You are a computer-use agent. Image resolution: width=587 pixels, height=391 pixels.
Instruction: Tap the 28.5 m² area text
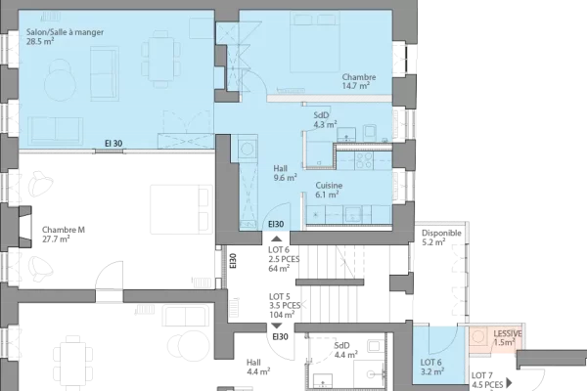click(40, 42)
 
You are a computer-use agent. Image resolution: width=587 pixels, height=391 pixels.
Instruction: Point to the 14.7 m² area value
click(355, 86)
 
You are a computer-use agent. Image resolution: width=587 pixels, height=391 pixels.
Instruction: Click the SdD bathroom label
click(320, 115)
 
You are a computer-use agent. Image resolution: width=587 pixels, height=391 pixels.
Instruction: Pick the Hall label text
click(281, 169)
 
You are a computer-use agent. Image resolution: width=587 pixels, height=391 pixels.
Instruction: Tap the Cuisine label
click(327, 185)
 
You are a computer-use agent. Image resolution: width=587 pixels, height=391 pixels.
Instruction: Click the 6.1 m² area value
click(327, 195)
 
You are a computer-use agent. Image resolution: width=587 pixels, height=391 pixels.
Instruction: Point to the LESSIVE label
click(509, 333)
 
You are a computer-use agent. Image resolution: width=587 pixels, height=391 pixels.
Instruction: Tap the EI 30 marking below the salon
click(113, 145)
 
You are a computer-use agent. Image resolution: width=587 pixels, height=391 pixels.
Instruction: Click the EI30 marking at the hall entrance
click(276, 225)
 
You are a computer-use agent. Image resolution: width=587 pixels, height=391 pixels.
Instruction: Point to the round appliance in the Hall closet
click(247, 148)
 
